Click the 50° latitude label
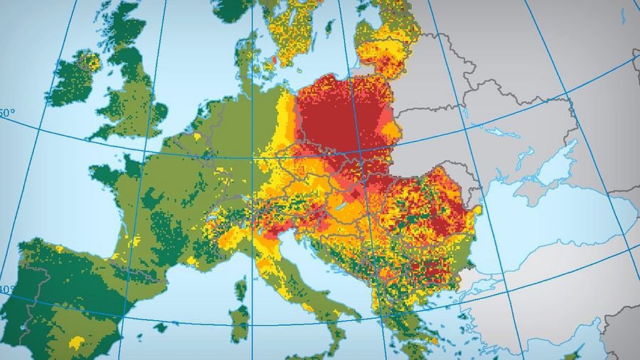(6, 113)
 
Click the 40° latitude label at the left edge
(6, 290)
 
